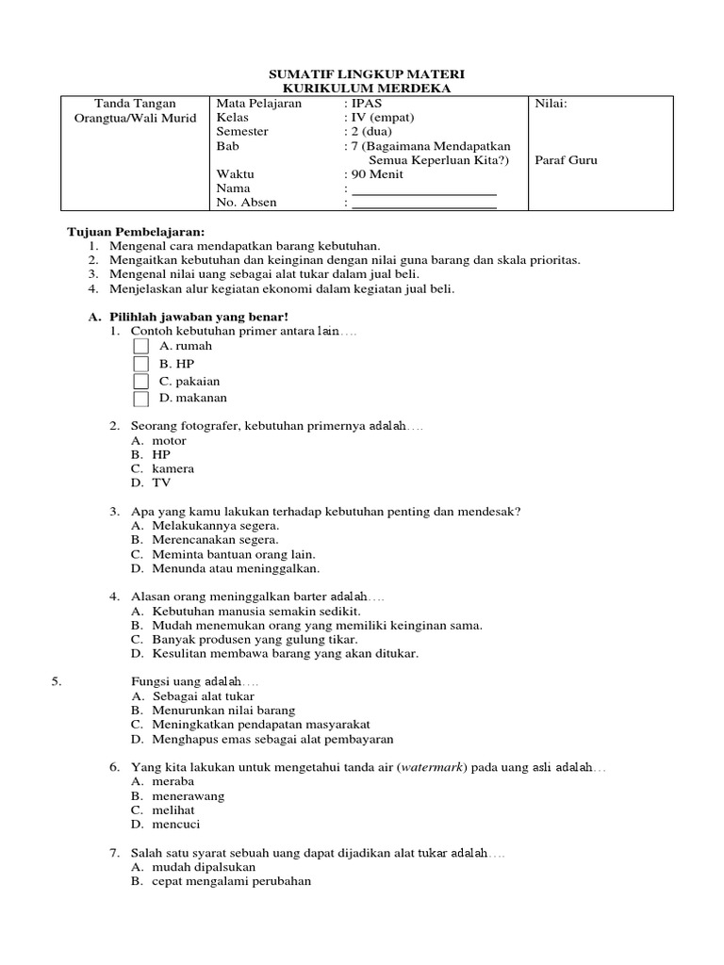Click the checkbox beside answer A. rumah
(140, 346)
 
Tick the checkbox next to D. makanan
(140, 399)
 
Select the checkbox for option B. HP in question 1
(140, 364)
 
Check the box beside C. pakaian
(140, 382)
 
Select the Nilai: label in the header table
(551, 104)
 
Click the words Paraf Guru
(567, 160)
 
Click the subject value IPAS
(367, 104)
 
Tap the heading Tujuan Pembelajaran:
(135, 232)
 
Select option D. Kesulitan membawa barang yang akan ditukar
(274, 653)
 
